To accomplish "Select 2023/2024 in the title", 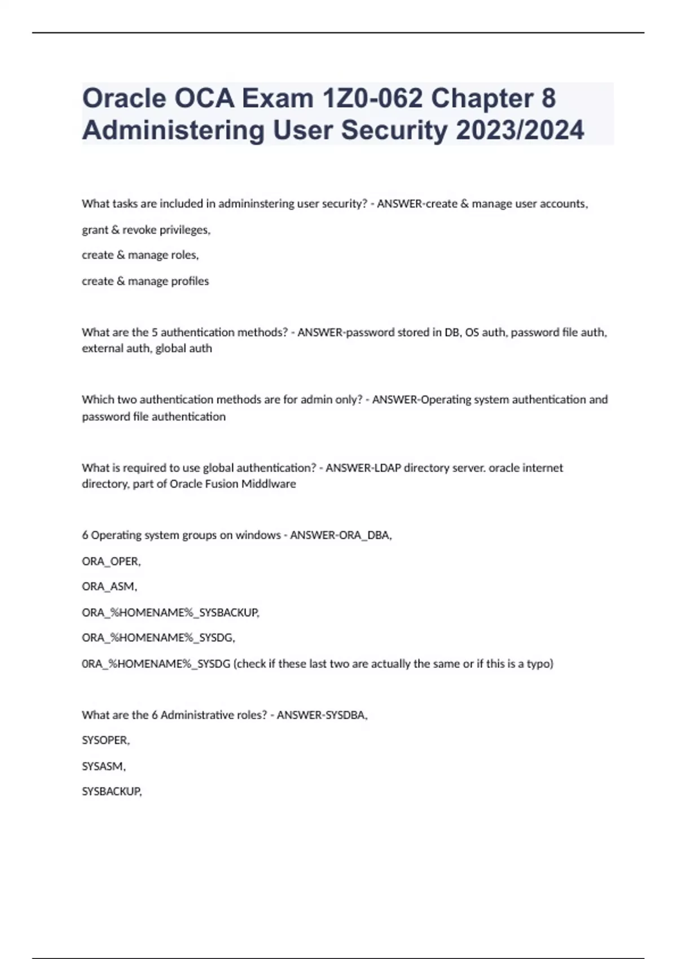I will click(x=520, y=130).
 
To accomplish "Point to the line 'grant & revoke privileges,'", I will click(x=146, y=230).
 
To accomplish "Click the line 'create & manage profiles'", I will click(x=145, y=281).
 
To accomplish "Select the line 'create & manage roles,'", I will click(x=140, y=255).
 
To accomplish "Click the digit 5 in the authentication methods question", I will click(x=155, y=332).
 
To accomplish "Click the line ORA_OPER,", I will click(x=111, y=561).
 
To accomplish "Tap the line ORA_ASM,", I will click(x=109, y=587).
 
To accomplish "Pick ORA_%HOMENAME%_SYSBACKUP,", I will click(x=170, y=613).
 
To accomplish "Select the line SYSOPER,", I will click(x=105, y=740).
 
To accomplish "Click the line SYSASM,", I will click(x=104, y=766).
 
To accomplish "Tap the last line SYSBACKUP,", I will click(x=112, y=791).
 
